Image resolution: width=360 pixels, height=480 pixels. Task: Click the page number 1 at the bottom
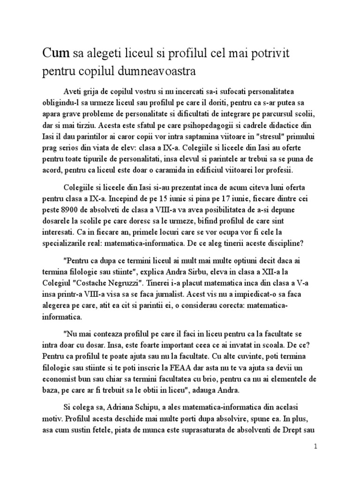pyautogui.click(x=316, y=447)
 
